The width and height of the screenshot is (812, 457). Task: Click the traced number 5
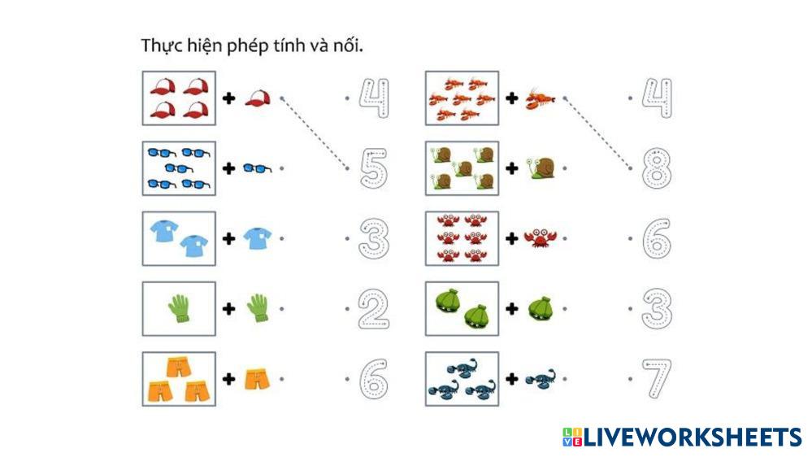pyautogui.click(x=373, y=168)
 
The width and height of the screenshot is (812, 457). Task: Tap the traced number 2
pyautogui.click(x=373, y=309)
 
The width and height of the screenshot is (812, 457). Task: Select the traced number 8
pyautogui.click(x=657, y=168)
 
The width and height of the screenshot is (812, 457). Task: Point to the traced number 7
pyautogui.click(x=657, y=379)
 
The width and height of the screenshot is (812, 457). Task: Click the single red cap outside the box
pyautogui.click(x=257, y=98)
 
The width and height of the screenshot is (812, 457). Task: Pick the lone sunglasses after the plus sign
pyautogui.click(x=257, y=168)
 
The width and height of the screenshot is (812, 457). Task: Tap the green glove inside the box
pyautogui.click(x=179, y=309)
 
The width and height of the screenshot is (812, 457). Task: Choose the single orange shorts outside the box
pyautogui.click(x=257, y=379)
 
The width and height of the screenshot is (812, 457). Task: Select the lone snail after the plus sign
pyautogui.click(x=540, y=168)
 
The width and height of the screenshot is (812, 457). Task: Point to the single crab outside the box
pyautogui.click(x=539, y=238)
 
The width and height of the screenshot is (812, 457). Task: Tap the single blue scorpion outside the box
pyautogui.click(x=539, y=379)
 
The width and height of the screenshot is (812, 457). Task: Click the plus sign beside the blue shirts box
pyautogui.click(x=229, y=238)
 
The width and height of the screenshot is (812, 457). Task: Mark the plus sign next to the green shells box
pyautogui.click(x=512, y=309)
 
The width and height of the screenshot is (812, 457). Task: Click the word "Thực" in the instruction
pyautogui.click(x=160, y=46)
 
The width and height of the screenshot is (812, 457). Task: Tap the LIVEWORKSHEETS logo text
pyautogui.click(x=691, y=437)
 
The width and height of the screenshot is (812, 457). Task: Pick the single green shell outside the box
pyautogui.click(x=539, y=309)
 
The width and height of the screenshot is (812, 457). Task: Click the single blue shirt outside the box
pyautogui.click(x=257, y=237)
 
